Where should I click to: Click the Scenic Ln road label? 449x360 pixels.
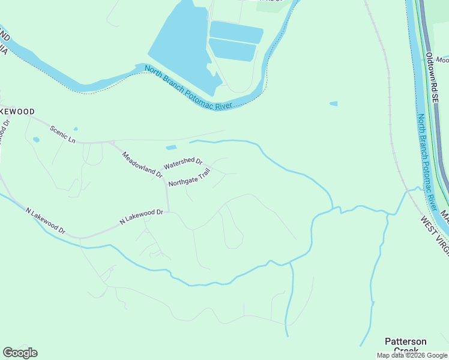click(62, 134)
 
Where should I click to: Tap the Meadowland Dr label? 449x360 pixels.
click(142, 164)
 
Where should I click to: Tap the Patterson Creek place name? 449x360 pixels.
click(406, 345)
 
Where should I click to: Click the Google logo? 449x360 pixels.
click(20, 352)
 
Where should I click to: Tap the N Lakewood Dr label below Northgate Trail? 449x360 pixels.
click(142, 217)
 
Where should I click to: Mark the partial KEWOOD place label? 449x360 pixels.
click(17, 112)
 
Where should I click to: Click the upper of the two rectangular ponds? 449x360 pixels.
click(236, 32)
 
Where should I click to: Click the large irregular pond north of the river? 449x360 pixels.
click(179, 42)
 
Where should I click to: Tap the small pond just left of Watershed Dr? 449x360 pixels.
click(171, 148)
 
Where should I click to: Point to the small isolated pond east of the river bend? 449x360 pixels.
click(333, 104)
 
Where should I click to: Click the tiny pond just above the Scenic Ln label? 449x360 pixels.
click(75, 128)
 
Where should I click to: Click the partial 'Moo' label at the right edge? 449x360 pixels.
click(442, 60)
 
